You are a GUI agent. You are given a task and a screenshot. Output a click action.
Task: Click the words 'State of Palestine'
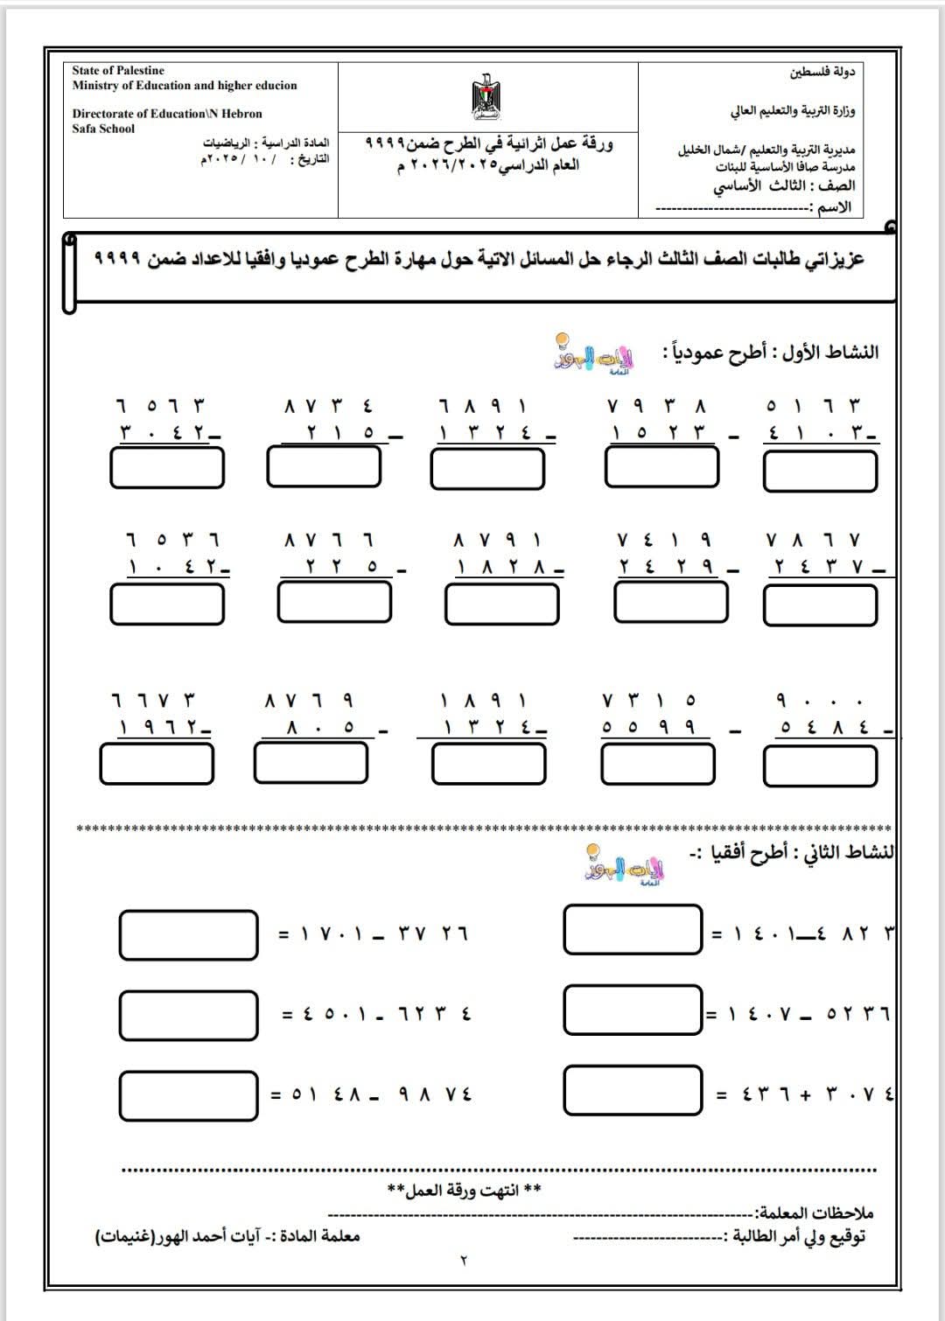pos(118,70)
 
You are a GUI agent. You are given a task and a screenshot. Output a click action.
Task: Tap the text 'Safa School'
pos(103,129)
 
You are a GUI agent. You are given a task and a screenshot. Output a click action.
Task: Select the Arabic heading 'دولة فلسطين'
pos(822,72)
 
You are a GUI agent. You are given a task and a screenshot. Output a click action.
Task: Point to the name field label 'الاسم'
pos(831,207)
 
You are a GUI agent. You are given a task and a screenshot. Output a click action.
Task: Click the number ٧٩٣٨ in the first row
pos(655,406)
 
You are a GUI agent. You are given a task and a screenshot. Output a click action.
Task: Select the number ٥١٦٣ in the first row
pos(814,406)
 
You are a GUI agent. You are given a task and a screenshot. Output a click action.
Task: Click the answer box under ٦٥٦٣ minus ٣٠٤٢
pos(166,468)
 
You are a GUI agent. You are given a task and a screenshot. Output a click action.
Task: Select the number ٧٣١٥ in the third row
pos(649,701)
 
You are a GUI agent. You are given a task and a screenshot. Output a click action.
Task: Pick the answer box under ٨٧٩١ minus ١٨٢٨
pos(501,604)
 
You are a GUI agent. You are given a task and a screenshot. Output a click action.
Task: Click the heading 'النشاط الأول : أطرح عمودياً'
pos(770,353)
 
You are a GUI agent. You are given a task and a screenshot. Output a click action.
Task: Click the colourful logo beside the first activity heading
pos(594,354)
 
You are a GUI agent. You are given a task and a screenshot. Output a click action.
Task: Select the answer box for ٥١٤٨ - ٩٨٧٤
pos(188,1094)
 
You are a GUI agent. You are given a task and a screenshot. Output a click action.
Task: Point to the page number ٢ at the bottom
pos(464,1261)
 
